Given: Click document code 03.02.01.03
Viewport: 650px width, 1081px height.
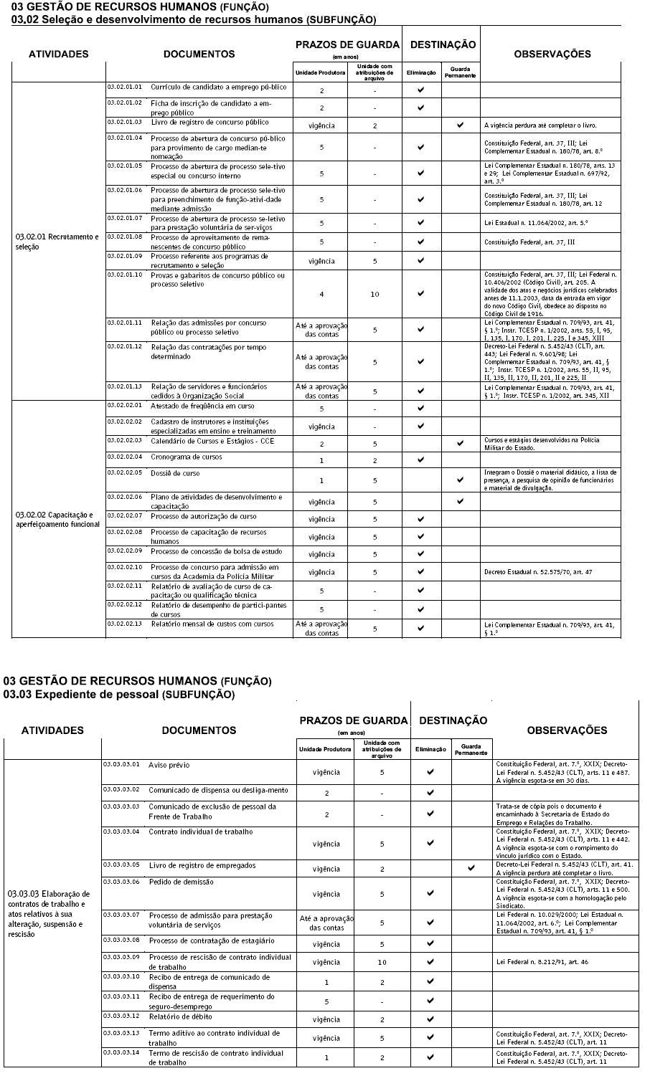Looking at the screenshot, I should pos(124,122).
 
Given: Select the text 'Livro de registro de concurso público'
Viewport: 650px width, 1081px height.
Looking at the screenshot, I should pos(199,123).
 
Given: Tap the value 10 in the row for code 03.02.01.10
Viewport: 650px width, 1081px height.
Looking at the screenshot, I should pos(375,294).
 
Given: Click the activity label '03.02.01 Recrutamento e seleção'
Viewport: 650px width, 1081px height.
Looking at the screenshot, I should pos(57,242).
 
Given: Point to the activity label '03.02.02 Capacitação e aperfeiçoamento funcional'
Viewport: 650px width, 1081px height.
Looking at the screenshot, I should pos(57,520).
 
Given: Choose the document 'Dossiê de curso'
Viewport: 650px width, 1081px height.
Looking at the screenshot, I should pos(175,473).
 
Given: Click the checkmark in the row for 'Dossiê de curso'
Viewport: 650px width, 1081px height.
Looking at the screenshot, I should pos(460,480).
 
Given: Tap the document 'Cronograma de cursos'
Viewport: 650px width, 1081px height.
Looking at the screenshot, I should pos(186,457).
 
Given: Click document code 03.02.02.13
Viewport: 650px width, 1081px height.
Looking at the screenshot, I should pos(124,623).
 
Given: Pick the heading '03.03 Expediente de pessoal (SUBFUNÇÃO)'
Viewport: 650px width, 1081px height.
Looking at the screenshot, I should pos(118,695).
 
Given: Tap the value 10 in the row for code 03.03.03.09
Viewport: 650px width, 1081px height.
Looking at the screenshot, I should pos(382,962).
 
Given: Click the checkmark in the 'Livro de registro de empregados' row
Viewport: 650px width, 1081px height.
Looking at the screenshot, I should pos(471,868).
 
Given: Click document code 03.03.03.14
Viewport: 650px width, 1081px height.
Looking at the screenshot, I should pos(121,1052).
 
